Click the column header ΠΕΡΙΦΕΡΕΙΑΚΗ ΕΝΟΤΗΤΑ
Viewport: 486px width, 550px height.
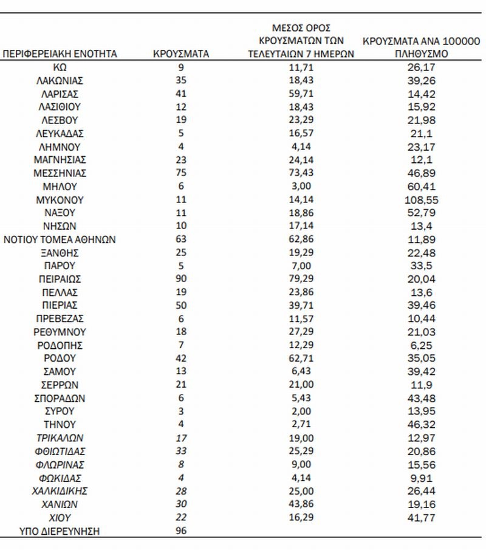pyautogui.click(x=60, y=54)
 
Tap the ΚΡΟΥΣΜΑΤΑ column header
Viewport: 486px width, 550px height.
pyautogui.click(x=181, y=54)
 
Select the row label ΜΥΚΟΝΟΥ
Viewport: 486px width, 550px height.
pyautogui.click(x=60, y=200)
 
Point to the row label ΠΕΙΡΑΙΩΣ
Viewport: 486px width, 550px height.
pyautogui.click(x=60, y=280)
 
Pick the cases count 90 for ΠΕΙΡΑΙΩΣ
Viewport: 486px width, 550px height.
pyautogui.click(x=181, y=280)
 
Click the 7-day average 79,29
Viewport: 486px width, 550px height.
pyautogui.click(x=301, y=280)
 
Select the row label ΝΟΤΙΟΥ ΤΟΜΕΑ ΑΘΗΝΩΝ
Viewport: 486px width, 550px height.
pyautogui.click(x=60, y=239)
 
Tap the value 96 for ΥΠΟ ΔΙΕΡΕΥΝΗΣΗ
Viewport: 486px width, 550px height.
pyautogui.click(x=181, y=531)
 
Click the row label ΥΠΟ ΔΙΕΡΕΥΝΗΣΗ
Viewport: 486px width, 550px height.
pyautogui.click(x=60, y=531)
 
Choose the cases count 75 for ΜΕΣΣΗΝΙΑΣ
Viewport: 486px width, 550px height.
pyautogui.click(x=181, y=173)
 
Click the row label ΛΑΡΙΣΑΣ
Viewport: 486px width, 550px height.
pyautogui.click(x=60, y=94)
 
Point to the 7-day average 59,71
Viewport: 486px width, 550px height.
pyautogui.click(x=301, y=94)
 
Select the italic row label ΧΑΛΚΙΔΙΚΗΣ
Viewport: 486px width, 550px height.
pyautogui.click(x=60, y=491)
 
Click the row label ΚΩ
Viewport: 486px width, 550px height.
pyautogui.click(x=60, y=67)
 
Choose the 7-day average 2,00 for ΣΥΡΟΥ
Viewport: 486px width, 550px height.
pyautogui.click(x=301, y=412)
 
